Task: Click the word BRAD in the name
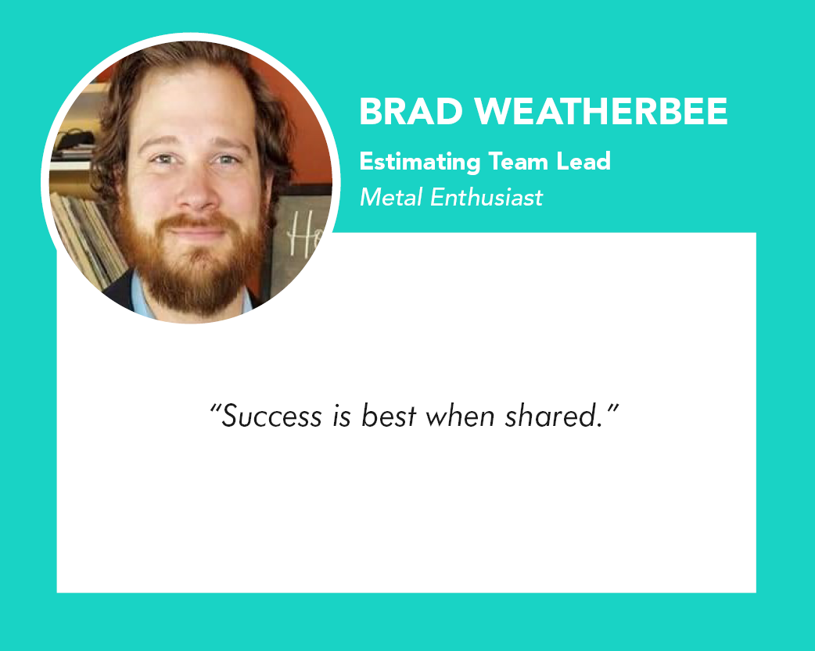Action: [x=411, y=111]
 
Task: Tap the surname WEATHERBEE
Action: [x=601, y=111]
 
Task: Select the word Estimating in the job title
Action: [x=419, y=162]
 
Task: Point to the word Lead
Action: [x=583, y=161]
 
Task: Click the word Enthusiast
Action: [x=486, y=198]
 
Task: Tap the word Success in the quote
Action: [x=271, y=417]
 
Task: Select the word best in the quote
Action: [x=389, y=416]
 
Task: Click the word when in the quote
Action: [x=460, y=416]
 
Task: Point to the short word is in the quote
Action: [x=342, y=417]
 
